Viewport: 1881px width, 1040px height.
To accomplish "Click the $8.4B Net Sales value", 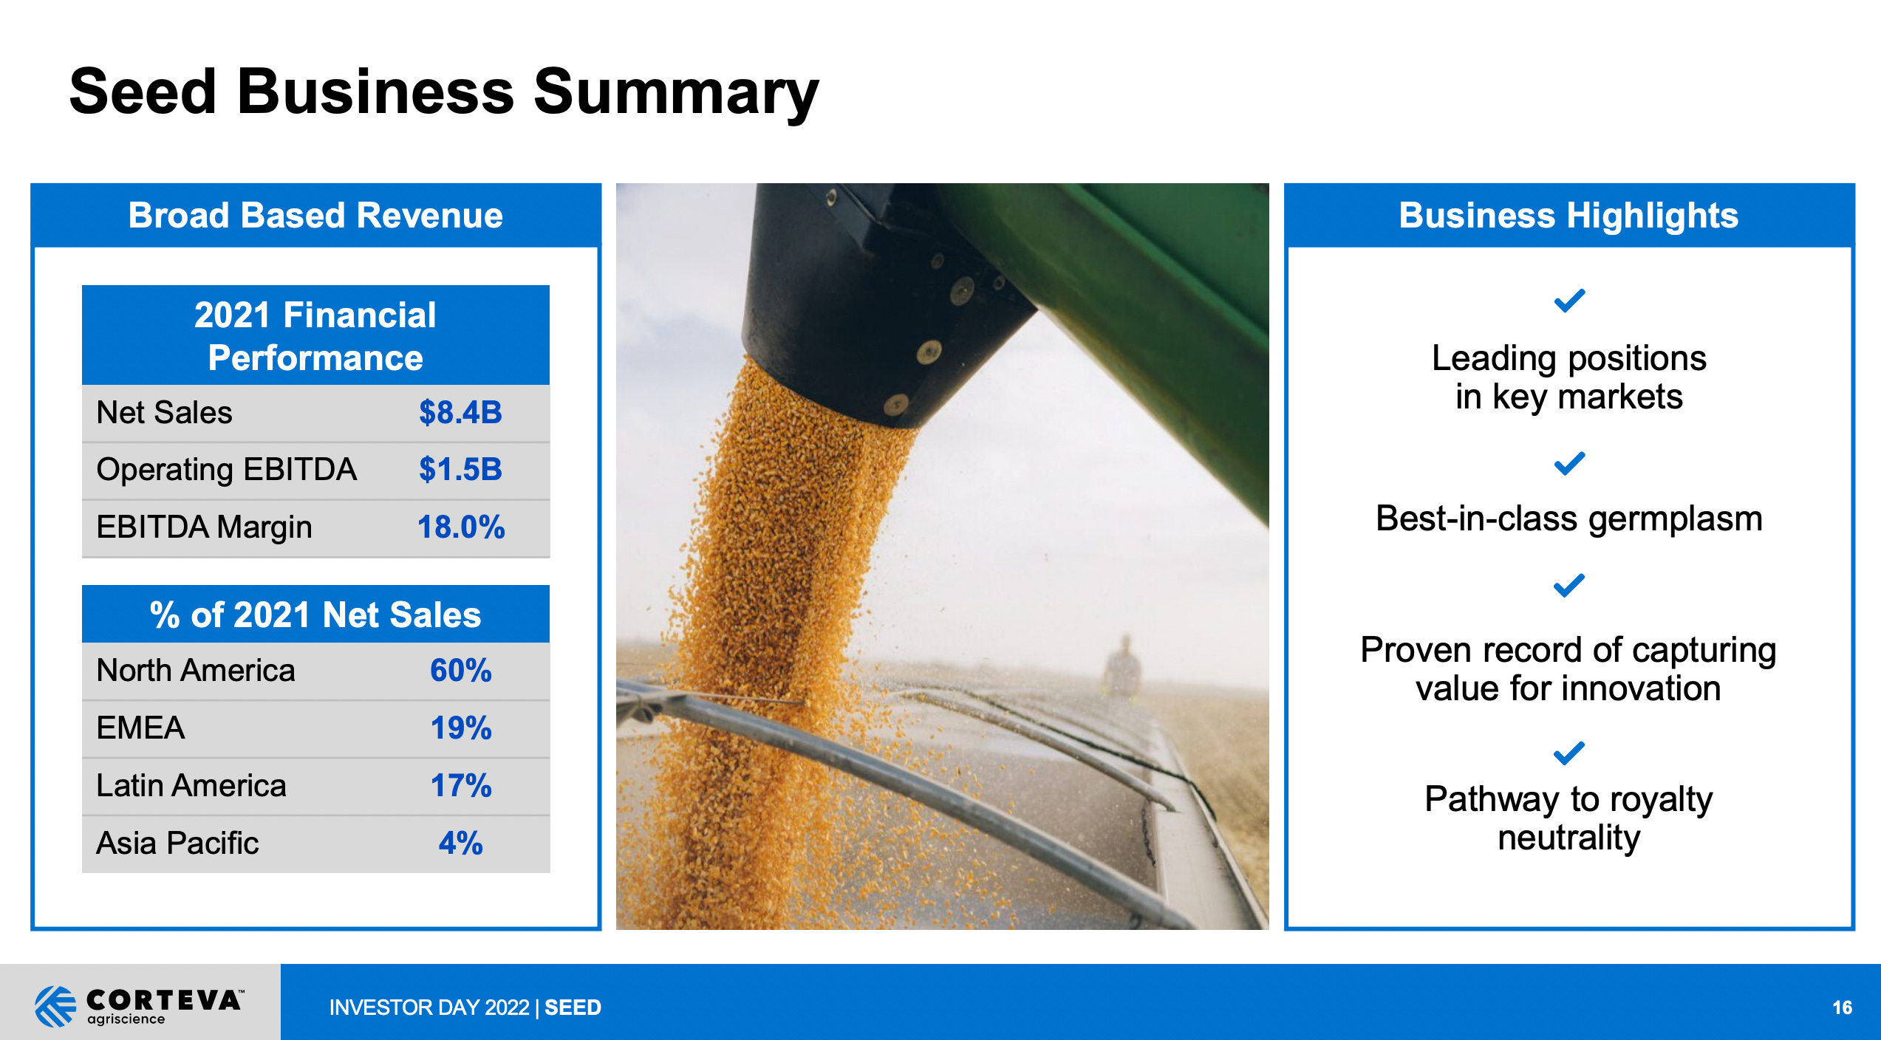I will pos(460,412).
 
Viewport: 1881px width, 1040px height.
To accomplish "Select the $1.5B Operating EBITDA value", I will pos(460,470).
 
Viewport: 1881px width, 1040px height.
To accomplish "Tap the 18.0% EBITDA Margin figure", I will pos(460,527).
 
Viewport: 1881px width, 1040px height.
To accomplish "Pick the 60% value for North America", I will pos(460,671).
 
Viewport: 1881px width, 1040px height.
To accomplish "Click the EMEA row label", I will pos(140,728).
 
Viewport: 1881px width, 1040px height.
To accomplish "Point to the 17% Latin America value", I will pos(460,786).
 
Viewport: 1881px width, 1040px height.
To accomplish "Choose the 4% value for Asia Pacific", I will pos(460,844).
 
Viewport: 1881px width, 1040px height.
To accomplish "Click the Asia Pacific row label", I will pos(177,844).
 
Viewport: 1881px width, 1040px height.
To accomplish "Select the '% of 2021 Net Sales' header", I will pos(315,615).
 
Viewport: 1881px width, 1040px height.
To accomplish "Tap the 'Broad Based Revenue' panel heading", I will pos(315,216).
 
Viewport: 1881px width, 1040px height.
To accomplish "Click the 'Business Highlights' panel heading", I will pos(1568,216).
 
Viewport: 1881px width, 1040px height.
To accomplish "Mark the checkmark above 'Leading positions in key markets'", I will pos(1569,301).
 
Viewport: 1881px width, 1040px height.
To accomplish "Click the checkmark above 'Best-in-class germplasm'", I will pos(1569,464).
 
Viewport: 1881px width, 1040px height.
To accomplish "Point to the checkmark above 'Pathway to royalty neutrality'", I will pos(1569,753).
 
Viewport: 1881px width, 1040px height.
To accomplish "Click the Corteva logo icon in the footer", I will pos(55,1006).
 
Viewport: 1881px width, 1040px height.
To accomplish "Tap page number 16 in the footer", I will pos(1842,1007).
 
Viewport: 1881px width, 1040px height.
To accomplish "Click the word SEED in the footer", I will pos(573,1007).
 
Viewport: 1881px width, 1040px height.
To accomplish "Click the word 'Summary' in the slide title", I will pos(675,93).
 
